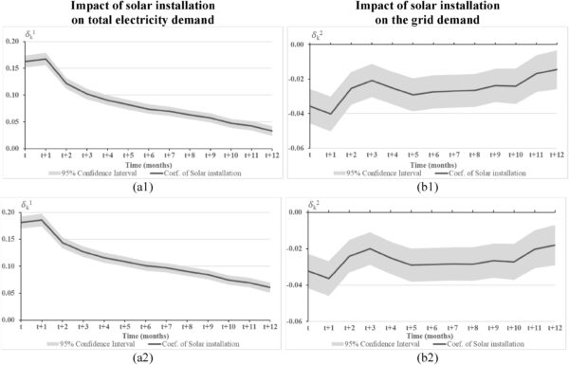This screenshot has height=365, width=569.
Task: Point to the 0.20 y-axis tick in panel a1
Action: [11, 42]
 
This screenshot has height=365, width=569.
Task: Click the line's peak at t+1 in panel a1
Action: [46, 59]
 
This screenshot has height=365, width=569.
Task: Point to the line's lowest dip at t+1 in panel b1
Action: [331, 114]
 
